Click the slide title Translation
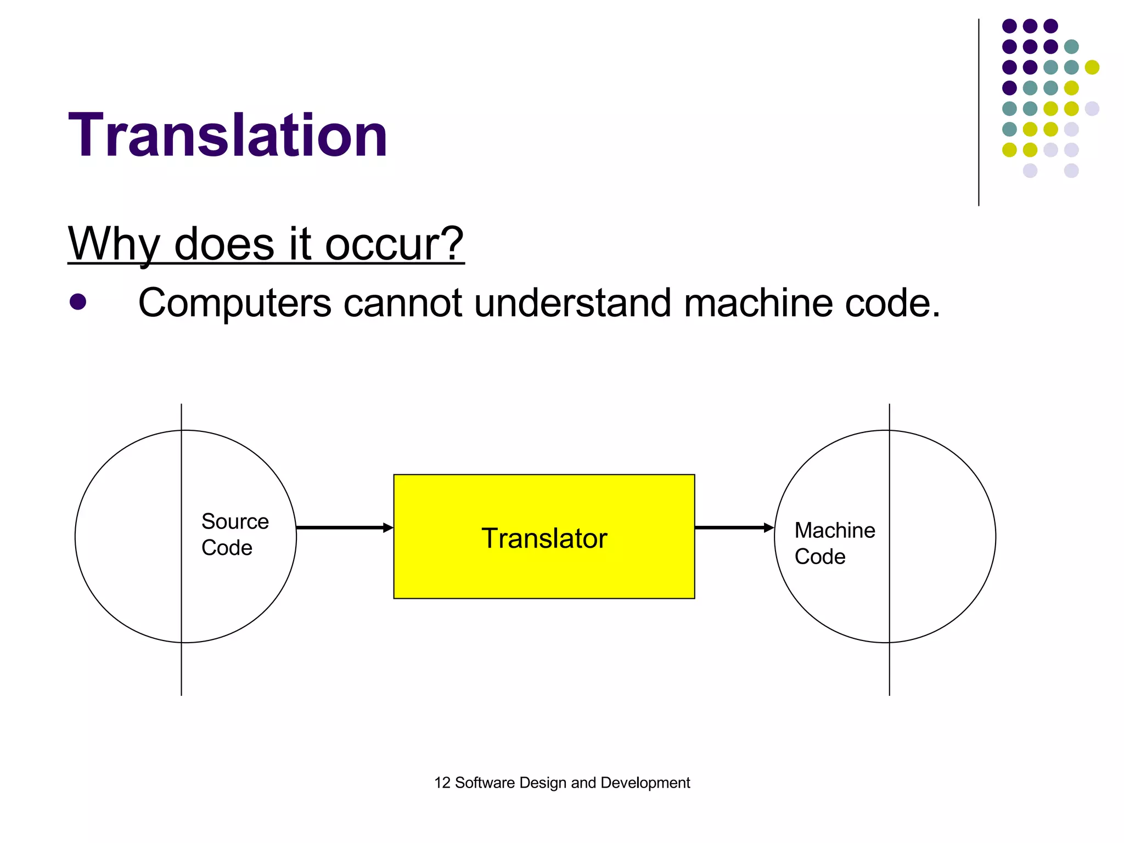228,135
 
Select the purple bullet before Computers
78,302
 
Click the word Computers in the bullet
235,303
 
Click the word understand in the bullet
572,303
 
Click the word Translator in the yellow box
544,538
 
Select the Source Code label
234,535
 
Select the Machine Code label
834,543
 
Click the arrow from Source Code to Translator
345,528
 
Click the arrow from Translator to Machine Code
734,528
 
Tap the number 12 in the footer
442,783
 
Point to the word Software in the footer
485,783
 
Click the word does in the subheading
224,244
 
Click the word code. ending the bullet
893,303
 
